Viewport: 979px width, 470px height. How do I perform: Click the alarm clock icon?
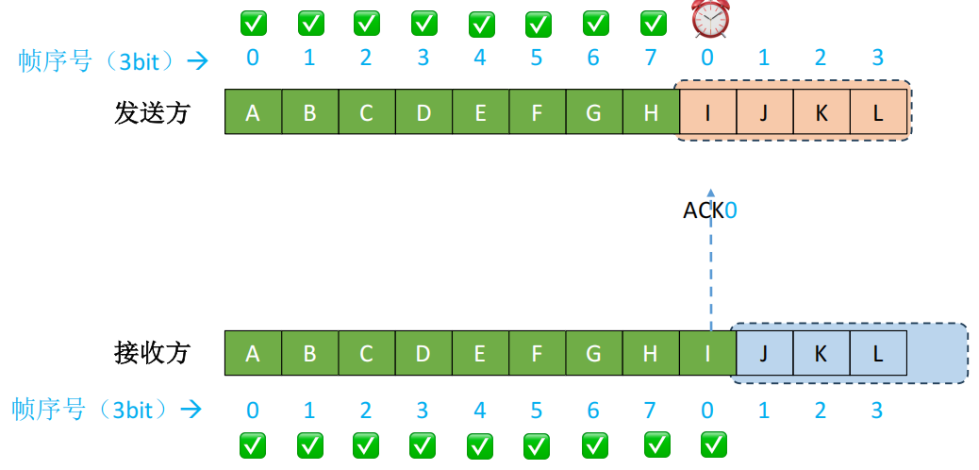pos(708,20)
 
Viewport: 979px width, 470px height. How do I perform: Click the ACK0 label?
pos(709,210)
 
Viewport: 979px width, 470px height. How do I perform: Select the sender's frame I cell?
pos(707,113)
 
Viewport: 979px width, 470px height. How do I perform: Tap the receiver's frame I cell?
pos(707,353)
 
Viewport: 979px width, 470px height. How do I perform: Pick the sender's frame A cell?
pos(253,113)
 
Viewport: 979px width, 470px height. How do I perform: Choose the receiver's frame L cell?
pos(878,353)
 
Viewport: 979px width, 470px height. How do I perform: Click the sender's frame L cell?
pos(878,113)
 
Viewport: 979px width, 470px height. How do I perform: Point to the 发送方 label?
pos(152,113)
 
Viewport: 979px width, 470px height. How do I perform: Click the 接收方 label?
pos(152,353)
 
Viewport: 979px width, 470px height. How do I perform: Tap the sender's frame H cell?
pos(651,113)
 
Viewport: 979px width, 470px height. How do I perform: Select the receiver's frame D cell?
pos(423,353)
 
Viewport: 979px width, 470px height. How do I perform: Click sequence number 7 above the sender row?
pos(651,59)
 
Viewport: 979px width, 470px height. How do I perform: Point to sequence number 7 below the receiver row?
pos(651,411)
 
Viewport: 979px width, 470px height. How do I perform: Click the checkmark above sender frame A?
pos(252,21)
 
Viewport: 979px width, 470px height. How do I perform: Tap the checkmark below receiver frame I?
pos(714,444)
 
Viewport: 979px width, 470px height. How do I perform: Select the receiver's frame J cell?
pos(764,353)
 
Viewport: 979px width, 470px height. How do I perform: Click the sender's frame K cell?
pos(821,113)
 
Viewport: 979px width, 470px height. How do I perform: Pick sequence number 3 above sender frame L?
pos(878,59)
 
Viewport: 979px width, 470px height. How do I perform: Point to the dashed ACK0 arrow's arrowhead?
pos(711,191)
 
